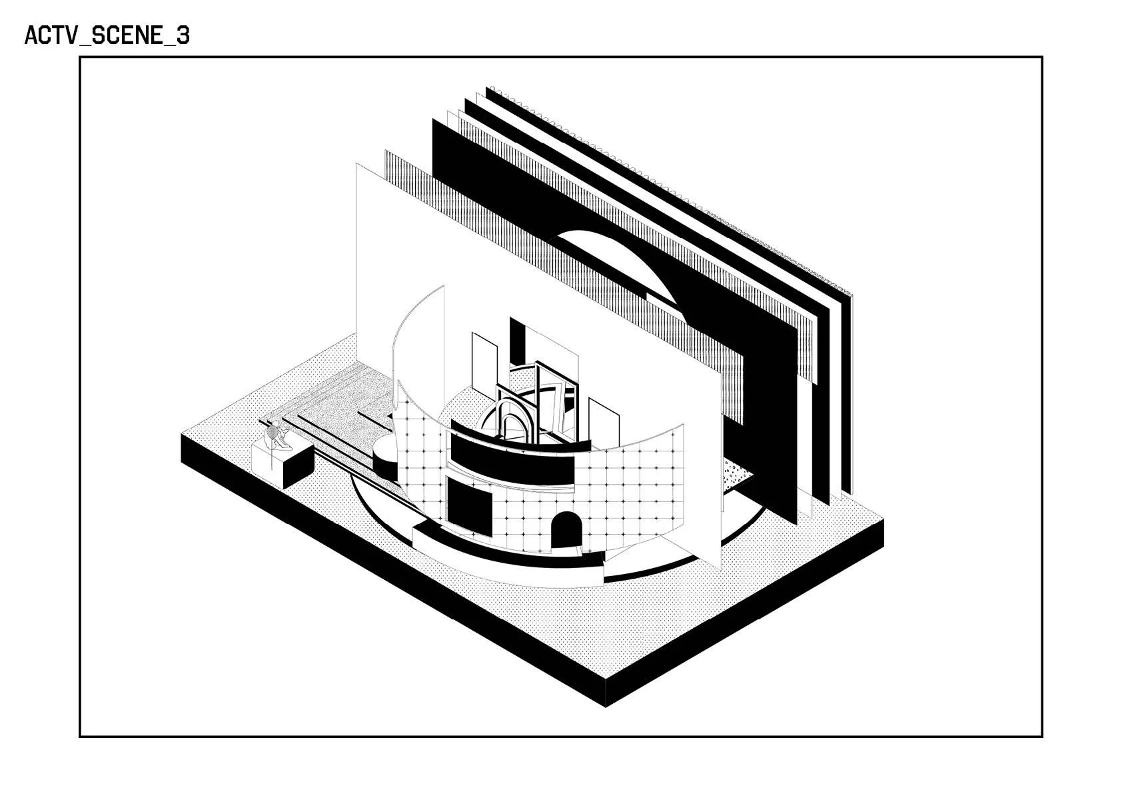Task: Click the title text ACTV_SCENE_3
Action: coord(107,35)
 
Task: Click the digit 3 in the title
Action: coord(183,35)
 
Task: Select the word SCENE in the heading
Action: coord(126,35)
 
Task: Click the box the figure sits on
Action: coord(284,463)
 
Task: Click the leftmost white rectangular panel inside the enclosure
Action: coord(483,363)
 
